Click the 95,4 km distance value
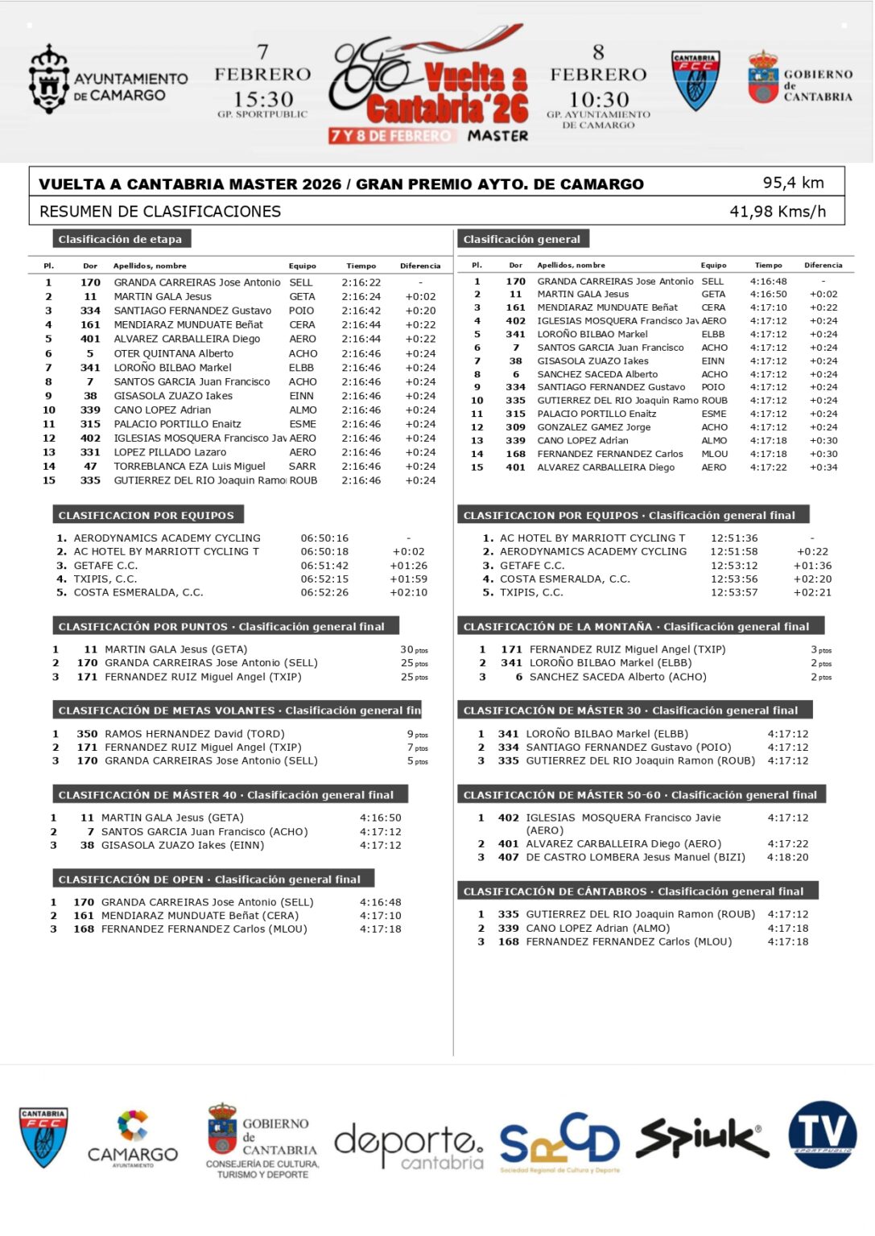tap(793, 183)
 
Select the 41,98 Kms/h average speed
tap(777, 212)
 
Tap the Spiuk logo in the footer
tap(701, 1138)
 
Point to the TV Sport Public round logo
tap(822, 1134)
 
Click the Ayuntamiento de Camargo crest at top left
tap(48, 80)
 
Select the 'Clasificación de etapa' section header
tap(120, 239)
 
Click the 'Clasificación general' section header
tap(522, 239)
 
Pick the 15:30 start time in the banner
tap(262, 100)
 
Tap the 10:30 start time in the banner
tap(598, 100)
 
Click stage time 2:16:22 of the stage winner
tap(361, 282)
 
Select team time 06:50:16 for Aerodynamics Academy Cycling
tap(324, 538)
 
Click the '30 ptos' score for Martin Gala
tap(414, 649)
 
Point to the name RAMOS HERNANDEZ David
tap(194, 734)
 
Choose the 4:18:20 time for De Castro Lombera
tap(787, 857)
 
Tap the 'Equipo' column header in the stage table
tap(302, 266)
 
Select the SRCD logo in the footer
tap(559, 1141)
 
